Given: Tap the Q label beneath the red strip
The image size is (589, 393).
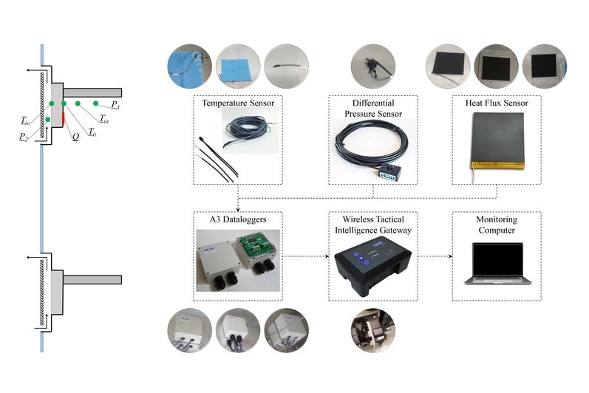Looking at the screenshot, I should coord(75,136).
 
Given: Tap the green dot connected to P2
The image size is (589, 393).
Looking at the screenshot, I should coord(47,119).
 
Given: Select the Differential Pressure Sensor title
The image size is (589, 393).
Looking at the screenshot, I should coord(372,109).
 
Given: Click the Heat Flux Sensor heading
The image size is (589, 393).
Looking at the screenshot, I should coord(497,103).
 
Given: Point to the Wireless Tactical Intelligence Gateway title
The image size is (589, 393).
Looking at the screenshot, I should coord(372,225).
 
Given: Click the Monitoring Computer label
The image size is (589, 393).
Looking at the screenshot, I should coord(497,225).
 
